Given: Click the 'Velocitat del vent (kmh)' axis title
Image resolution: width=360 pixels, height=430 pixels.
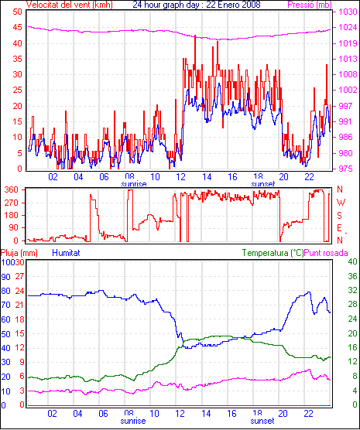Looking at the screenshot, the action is tap(70, 5).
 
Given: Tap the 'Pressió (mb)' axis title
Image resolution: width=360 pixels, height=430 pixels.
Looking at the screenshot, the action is tap(310, 5).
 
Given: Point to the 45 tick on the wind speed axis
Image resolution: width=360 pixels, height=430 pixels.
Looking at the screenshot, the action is tap(18, 27).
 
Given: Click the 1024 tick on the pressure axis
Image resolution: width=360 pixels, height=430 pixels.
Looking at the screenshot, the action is tap(348, 27).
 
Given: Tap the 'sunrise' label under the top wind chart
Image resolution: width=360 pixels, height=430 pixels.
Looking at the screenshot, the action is tap(134, 184).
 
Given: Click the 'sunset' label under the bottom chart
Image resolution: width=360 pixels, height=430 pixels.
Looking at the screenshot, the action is tap(262, 421).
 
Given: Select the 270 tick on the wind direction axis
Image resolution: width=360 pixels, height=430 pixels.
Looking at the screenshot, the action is tap(12, 203).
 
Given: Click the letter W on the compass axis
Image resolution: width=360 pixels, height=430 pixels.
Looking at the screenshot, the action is tap(341, 203).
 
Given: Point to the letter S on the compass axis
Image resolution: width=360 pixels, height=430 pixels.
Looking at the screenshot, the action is tap(339, 216).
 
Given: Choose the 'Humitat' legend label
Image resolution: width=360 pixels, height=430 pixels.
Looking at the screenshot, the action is tap(66, 253).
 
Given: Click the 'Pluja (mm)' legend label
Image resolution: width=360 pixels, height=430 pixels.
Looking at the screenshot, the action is tap(19, 253).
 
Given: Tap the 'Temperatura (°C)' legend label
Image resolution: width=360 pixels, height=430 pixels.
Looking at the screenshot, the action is tap(273, 253).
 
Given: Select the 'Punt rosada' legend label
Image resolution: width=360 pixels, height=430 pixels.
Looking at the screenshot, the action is tap(326, 253).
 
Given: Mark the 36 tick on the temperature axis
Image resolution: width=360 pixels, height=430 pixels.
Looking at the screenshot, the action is tap(352, 276).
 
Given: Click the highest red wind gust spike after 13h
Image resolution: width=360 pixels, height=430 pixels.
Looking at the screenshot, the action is tap(195, 36).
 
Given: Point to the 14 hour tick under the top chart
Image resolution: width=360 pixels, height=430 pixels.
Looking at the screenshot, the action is tap(207, 177).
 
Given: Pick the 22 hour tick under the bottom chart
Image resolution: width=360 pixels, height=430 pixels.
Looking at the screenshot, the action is tap(308, 414).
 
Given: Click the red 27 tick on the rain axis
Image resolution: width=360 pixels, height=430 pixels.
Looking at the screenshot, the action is tap(19, 276).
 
